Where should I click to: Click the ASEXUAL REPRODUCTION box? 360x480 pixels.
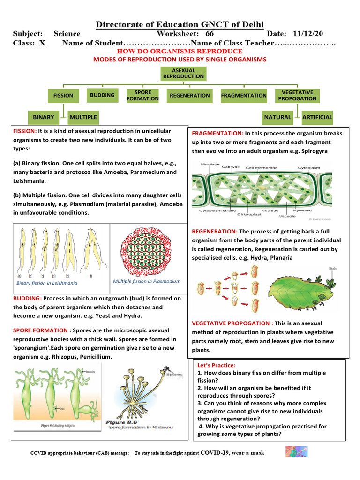click(x=183, y=74)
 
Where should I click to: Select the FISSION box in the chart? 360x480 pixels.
click(x=63, y=96)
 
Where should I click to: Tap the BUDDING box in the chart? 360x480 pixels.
click(x=102, y=95)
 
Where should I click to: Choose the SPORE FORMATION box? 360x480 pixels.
click(x=143, y=96)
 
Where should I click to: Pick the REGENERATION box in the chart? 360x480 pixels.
click(x=189, y=96)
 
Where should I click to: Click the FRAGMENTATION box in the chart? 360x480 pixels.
click(x=244, y=96)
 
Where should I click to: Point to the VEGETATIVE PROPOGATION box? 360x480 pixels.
click(x=297, y=96)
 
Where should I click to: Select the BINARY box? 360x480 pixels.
click(x=44, y=117)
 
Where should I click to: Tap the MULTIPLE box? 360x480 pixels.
click(x=83, y=117)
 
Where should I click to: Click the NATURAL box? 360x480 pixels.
click(x=277, y=117)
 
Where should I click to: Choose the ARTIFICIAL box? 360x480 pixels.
click(x=317, y=117)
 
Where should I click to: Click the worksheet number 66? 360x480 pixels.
click(x=210, y=34)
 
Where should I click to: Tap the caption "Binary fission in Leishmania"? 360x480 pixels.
click(x=47, y=283)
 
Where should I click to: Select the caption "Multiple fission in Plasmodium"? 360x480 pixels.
click(x=147, y=281)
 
